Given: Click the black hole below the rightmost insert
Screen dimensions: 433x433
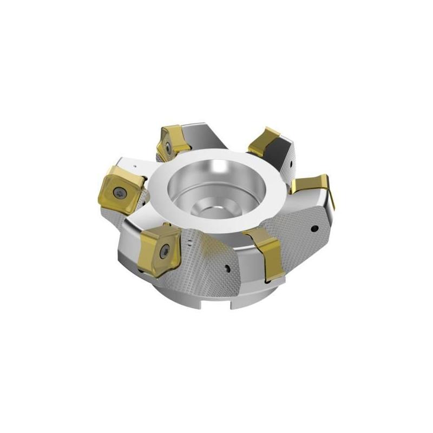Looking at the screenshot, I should (x=314, y=229).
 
